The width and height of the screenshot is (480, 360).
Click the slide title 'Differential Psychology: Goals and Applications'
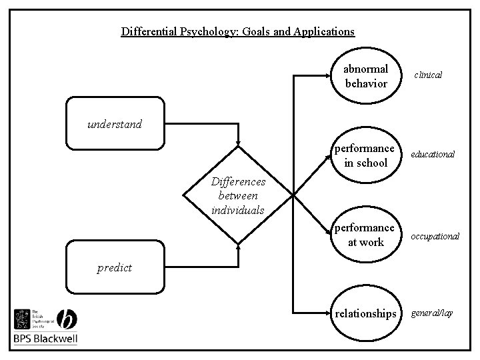pyautogui.click(x=238, y=31)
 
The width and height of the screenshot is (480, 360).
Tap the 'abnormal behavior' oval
pyautogui.click(x=366, y=77)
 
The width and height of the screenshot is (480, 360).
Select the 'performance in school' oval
pyautogui.click(x=366, y=155)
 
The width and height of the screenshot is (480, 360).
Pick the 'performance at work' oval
pyautogui.click(x=366, y=235)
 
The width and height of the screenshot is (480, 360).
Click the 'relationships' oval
pyautogui.click(x=366, y=313)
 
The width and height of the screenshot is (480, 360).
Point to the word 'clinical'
pyautogui.click(x=428, y=75)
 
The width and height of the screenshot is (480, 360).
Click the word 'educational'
pyautogui.click(x=433, y=154)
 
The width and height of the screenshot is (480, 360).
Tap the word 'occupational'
pyautogui.click(x=435, y=237)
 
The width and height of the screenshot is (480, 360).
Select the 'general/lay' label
pyautogui.click(x=432, y=313)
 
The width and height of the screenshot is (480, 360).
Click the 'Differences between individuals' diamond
pyautogui.click(x=239, y=195)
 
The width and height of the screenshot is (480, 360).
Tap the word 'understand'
pyautogui.click(x=114, y=123)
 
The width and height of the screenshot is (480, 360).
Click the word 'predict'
pyautogui.click(x=115, y=268)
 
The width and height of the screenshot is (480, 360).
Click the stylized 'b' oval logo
pyautogui.click(x=67, y=319)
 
